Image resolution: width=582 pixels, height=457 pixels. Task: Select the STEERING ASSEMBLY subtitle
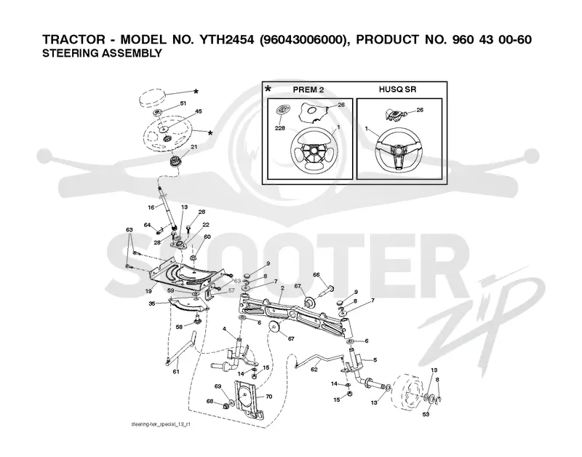point(102,53)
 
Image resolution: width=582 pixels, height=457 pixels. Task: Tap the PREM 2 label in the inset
point(308,90)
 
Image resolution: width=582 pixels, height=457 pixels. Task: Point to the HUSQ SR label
point(397,89)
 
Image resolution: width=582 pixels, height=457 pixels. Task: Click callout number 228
point(280,128)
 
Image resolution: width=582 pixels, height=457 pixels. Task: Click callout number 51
point(183,103)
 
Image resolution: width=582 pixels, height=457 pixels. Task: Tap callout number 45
point(199,111)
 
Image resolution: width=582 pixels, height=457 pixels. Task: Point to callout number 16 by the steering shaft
point(151,207)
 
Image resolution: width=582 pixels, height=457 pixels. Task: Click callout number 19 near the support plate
point(148,291)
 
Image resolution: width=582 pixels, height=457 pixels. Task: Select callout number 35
point(152,303)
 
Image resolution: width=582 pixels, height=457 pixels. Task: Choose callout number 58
point(179,327)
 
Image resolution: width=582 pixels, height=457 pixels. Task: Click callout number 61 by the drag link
point(176,371)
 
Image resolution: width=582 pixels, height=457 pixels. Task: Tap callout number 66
point(316,275)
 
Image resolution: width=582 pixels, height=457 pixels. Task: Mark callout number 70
point(268,397)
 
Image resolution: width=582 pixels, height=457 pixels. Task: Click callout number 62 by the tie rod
point(314,370)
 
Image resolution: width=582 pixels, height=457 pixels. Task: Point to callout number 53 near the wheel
point(426,414)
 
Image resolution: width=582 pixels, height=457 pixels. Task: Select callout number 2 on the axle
point(282,287)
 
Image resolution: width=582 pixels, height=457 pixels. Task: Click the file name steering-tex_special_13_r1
point(161,424)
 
